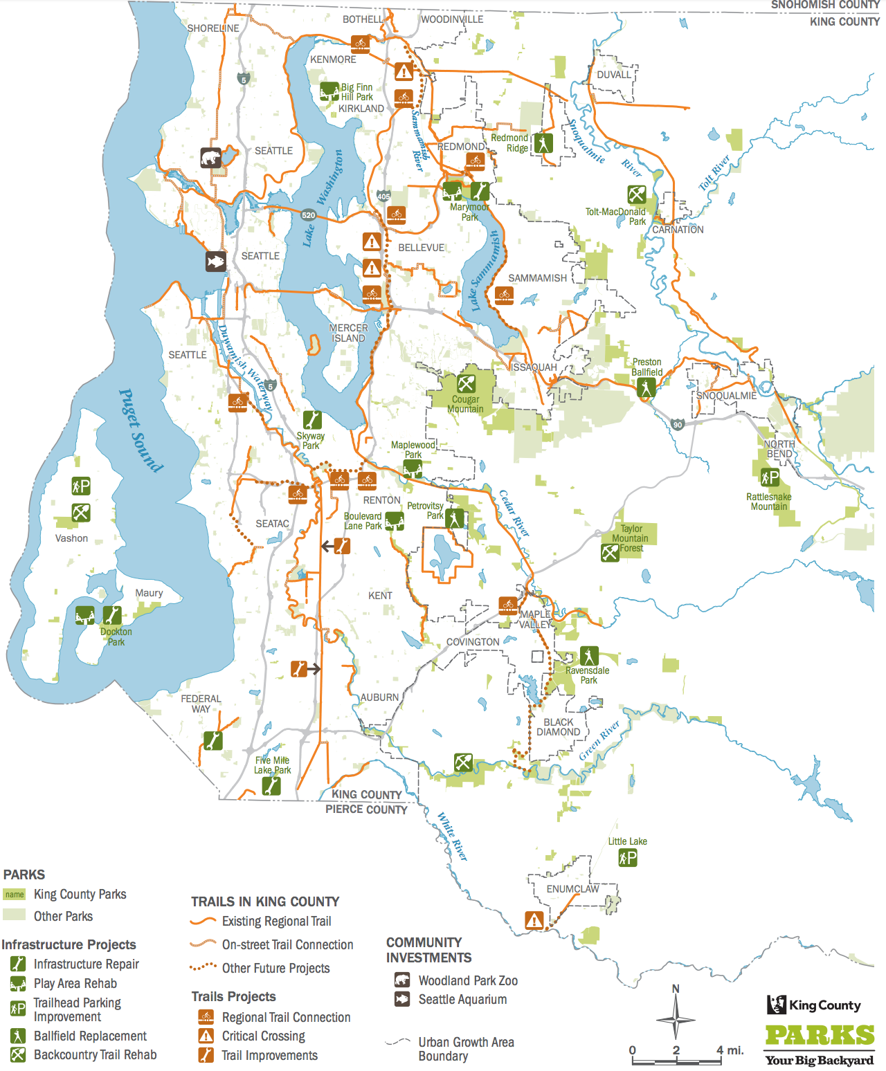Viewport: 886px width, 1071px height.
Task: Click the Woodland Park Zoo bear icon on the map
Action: tap(211, 157)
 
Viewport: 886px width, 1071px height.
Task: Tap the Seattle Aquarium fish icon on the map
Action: tap(215, 262)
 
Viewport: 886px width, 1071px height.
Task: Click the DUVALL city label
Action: tap(614, 75)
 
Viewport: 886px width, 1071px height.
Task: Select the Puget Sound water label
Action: tap(141, 430)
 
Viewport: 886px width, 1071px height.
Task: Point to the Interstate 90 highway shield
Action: tap(678, 424)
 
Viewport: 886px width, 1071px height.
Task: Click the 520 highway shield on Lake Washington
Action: tap(308, 215)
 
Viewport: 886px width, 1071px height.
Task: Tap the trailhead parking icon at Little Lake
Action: tap(627, 858)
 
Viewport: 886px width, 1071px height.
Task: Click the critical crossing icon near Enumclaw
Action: tap(534, 920)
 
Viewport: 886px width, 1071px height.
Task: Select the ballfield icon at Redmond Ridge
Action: tap(543, 143)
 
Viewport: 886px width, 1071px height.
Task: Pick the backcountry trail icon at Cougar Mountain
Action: tap(466, 383)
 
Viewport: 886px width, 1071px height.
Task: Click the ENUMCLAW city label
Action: tap(572, 889)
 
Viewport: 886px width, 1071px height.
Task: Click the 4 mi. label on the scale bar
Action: tap(730, 1050)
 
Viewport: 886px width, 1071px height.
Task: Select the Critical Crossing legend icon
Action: tap(206, 1036)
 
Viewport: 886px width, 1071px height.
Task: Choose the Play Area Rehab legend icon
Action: tap(18, 983)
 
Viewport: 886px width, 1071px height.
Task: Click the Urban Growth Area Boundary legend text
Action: tap(466, 1049)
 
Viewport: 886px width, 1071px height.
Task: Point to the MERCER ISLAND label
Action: tap(348, 333)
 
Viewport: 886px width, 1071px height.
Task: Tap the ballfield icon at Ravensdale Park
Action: tap(588, 655)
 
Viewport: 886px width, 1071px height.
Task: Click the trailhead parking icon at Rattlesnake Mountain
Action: tap(770, 477)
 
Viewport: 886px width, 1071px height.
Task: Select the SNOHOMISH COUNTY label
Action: tap(825, 5)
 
